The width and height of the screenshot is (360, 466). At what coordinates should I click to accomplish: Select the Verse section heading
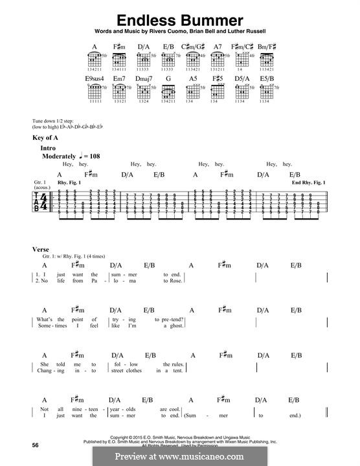[x=41, y=249]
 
